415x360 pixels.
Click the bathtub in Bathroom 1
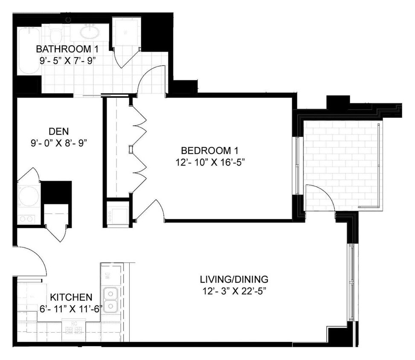coord(29,51)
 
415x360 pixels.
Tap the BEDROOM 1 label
coord(209,151)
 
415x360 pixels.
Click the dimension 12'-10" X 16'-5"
coord(209,162)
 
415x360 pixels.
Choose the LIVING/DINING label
coord(234,280)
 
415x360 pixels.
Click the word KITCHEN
coord(71,297)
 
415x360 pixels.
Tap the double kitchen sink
coord(111,300)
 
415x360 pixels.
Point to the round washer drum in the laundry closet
coord(28,196)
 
